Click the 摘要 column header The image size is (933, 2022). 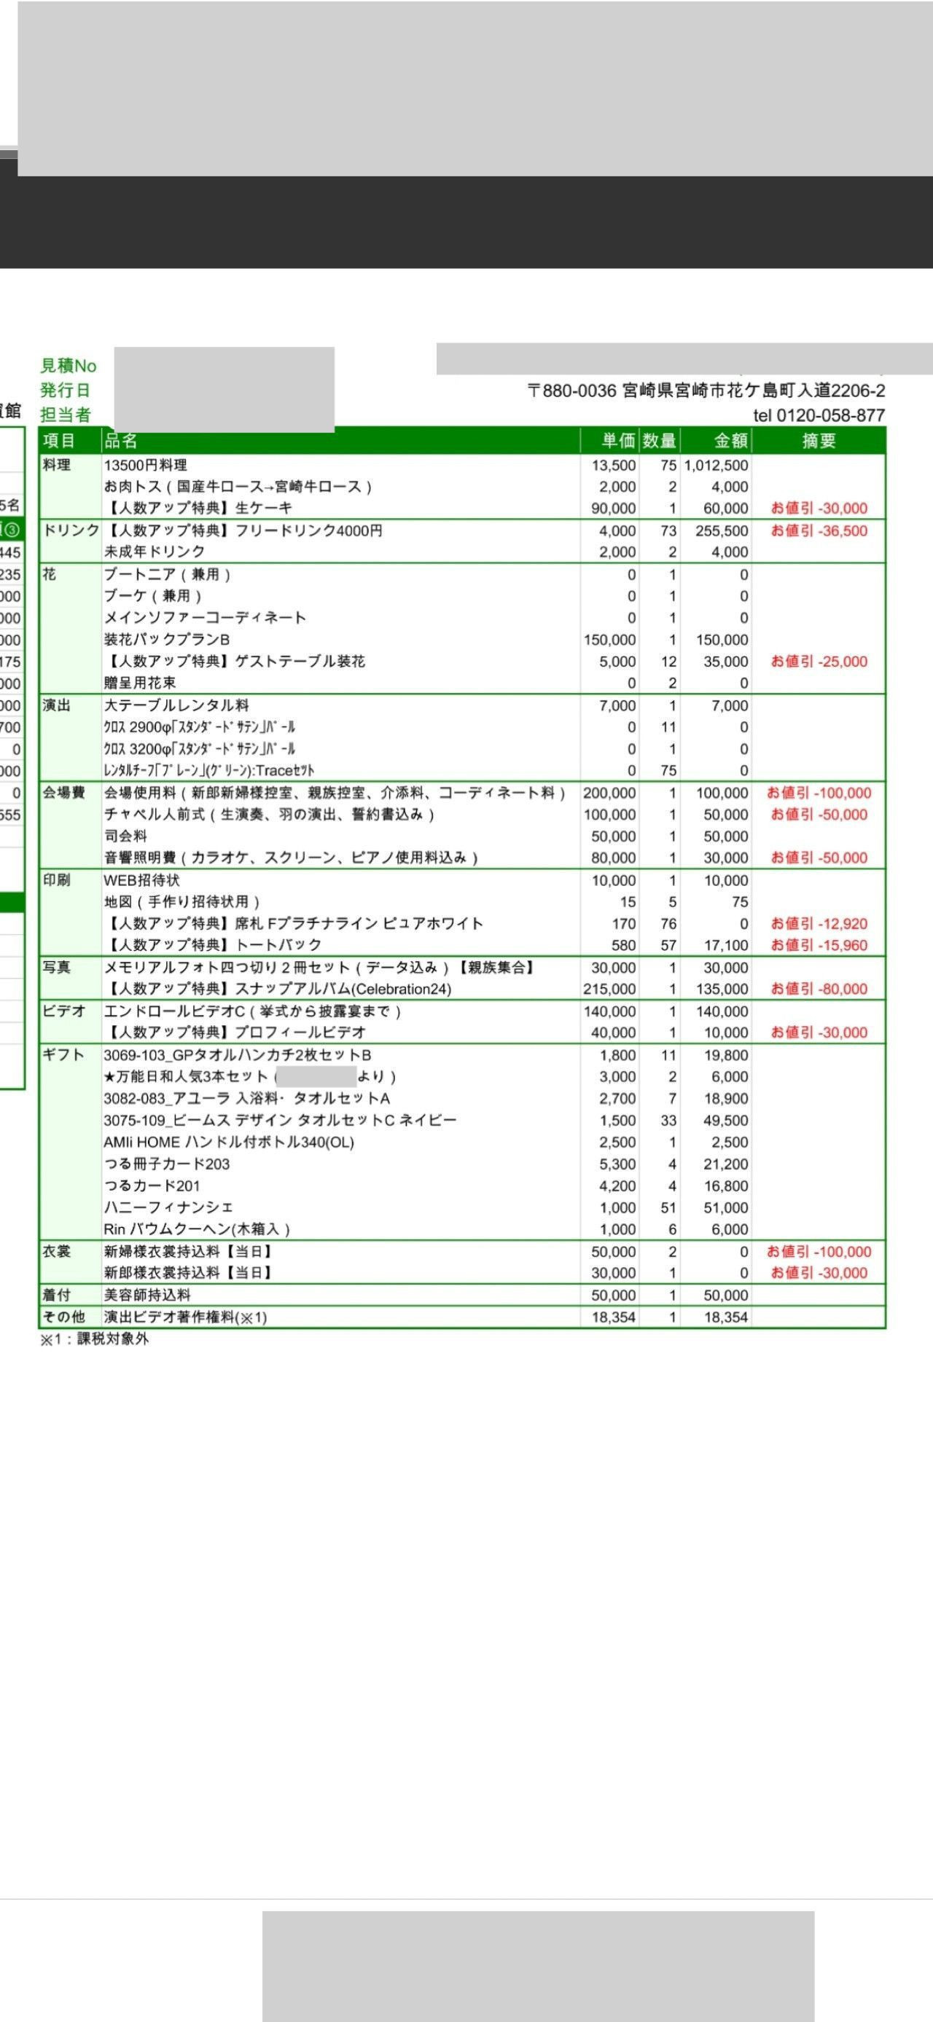(819, 441)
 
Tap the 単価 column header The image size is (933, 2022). (618, 441)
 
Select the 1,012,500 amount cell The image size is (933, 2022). (716, 466)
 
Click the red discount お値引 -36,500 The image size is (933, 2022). (819, 531)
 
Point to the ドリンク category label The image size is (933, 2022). (71, 531)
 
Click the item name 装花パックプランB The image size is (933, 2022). (166, 640)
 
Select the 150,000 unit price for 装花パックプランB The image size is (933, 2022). (609, 640)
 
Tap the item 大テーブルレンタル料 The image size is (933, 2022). (176, 705)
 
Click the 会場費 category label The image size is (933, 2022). (63, 793)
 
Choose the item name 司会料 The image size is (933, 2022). (125, 836)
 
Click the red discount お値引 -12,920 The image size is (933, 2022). (819, 924)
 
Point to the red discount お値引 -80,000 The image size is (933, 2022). (819, 989)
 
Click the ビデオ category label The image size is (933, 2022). (63, 1011)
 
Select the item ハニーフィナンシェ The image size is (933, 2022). (168, 1207)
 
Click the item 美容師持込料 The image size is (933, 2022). (147, 1295)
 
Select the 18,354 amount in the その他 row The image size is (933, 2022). (726, 1317)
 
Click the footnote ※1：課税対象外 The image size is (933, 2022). (94, 1339)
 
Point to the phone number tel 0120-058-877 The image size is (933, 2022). (819, 415)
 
